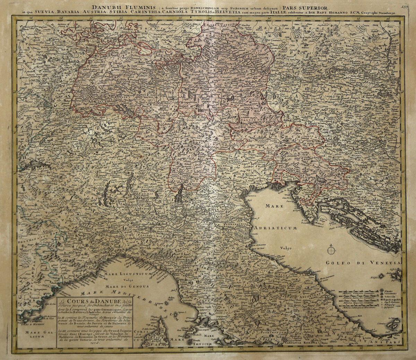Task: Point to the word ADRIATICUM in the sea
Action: pos(275,228)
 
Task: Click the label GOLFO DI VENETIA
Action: pos(363,263)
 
